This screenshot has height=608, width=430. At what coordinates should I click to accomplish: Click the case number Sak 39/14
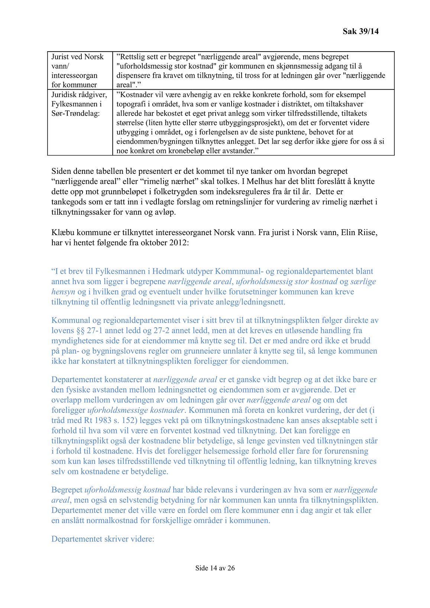[361, 31]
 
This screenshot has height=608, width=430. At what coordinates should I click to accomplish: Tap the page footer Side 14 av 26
[215, 568]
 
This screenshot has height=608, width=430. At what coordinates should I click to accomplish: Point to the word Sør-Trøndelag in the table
[75, 113]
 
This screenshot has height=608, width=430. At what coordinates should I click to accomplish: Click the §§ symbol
[80, 331]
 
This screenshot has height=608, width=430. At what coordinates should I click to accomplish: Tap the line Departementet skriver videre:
[103, 539]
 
